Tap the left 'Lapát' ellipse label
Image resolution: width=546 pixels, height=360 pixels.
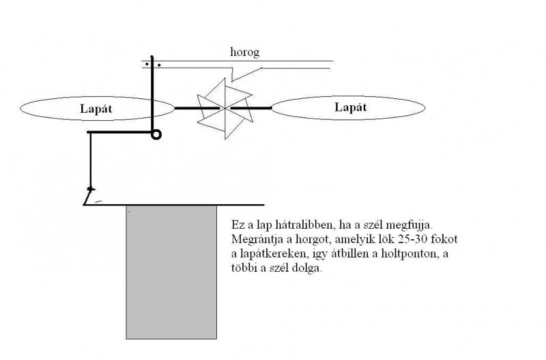[96, 108]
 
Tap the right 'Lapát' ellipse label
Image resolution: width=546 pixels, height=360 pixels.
[351, 107]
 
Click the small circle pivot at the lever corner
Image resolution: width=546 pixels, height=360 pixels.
[156, 135]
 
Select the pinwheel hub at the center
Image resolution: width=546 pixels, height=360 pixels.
[224, 108]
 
